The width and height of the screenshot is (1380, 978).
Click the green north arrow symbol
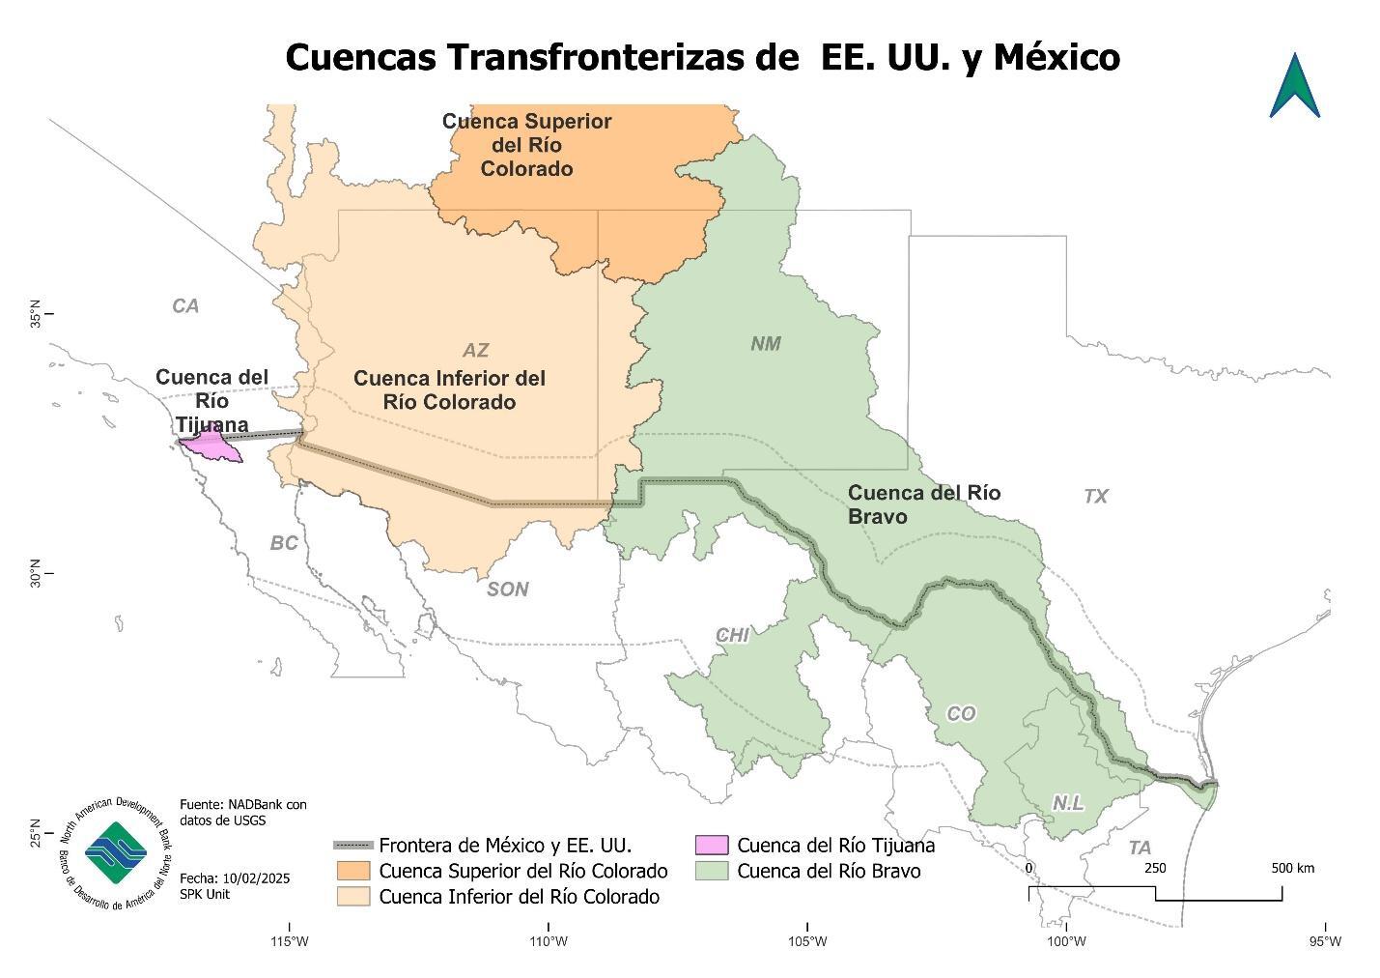(1295, 87)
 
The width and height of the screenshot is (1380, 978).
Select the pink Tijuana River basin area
(213, 447)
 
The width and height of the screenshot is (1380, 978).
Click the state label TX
(1095, 497)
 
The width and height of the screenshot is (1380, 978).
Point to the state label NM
(766, 344)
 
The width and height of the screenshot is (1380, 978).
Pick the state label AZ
(475, 351)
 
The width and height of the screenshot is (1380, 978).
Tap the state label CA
(185, 306)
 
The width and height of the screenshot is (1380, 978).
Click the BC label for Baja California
(284, 544)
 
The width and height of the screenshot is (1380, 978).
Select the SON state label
(507, 590)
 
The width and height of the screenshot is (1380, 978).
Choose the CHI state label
(732, 636)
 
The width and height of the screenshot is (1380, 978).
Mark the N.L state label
(1067, 804)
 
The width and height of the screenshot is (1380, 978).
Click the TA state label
(1140, 849)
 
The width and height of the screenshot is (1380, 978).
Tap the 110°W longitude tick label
(548, 942)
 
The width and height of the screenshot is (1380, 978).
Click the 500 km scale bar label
(1291, 868)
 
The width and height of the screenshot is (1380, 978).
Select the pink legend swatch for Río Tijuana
(711, 846)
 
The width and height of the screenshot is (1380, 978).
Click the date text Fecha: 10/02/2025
(235, 878)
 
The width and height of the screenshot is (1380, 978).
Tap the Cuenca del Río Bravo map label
(923, 504)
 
